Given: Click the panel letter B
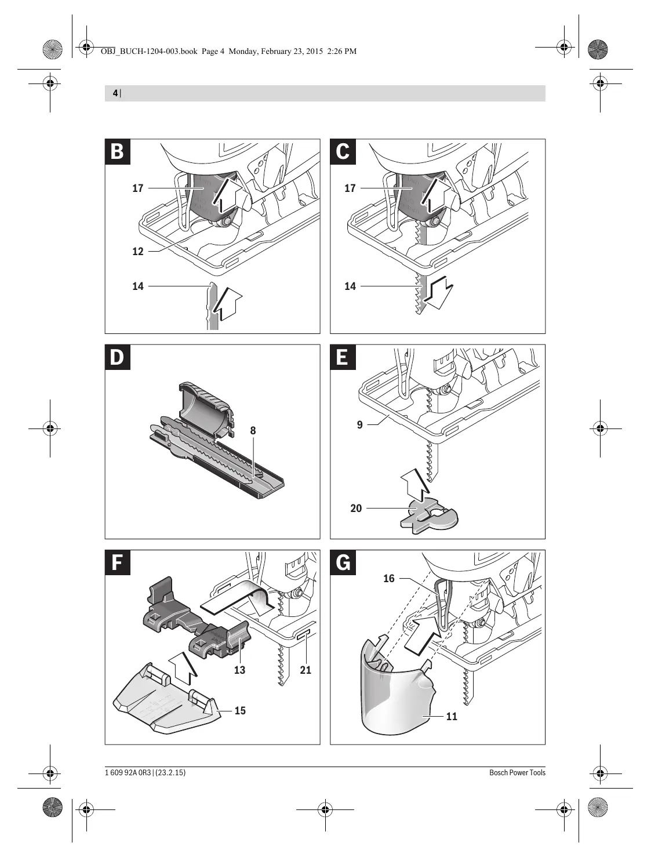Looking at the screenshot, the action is tap(118, 151).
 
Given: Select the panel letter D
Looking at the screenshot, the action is tap(118, 357).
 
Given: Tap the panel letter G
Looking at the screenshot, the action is tap(343, 562).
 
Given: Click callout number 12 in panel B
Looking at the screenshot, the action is tap(138, 252).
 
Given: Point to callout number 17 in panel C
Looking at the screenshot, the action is tap(350, 188).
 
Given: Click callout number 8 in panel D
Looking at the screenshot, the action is tap(253, 431).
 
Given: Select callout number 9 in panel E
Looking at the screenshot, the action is tap(360, 424).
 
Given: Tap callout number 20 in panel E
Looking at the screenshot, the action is tap(356, 508).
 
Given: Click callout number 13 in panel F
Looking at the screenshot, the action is tap(239, 670).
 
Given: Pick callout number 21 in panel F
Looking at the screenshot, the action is tap(306, 670).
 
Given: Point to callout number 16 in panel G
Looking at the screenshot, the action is tap(389, 578).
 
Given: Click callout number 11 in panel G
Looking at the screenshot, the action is tap(452, 717).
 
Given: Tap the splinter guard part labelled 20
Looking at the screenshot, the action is tap(429, 515).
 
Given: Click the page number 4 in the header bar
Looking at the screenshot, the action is tap(115, 93).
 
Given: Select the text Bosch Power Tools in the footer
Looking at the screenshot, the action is tap(517, 772).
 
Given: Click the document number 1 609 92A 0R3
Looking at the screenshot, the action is tap(128, 772).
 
